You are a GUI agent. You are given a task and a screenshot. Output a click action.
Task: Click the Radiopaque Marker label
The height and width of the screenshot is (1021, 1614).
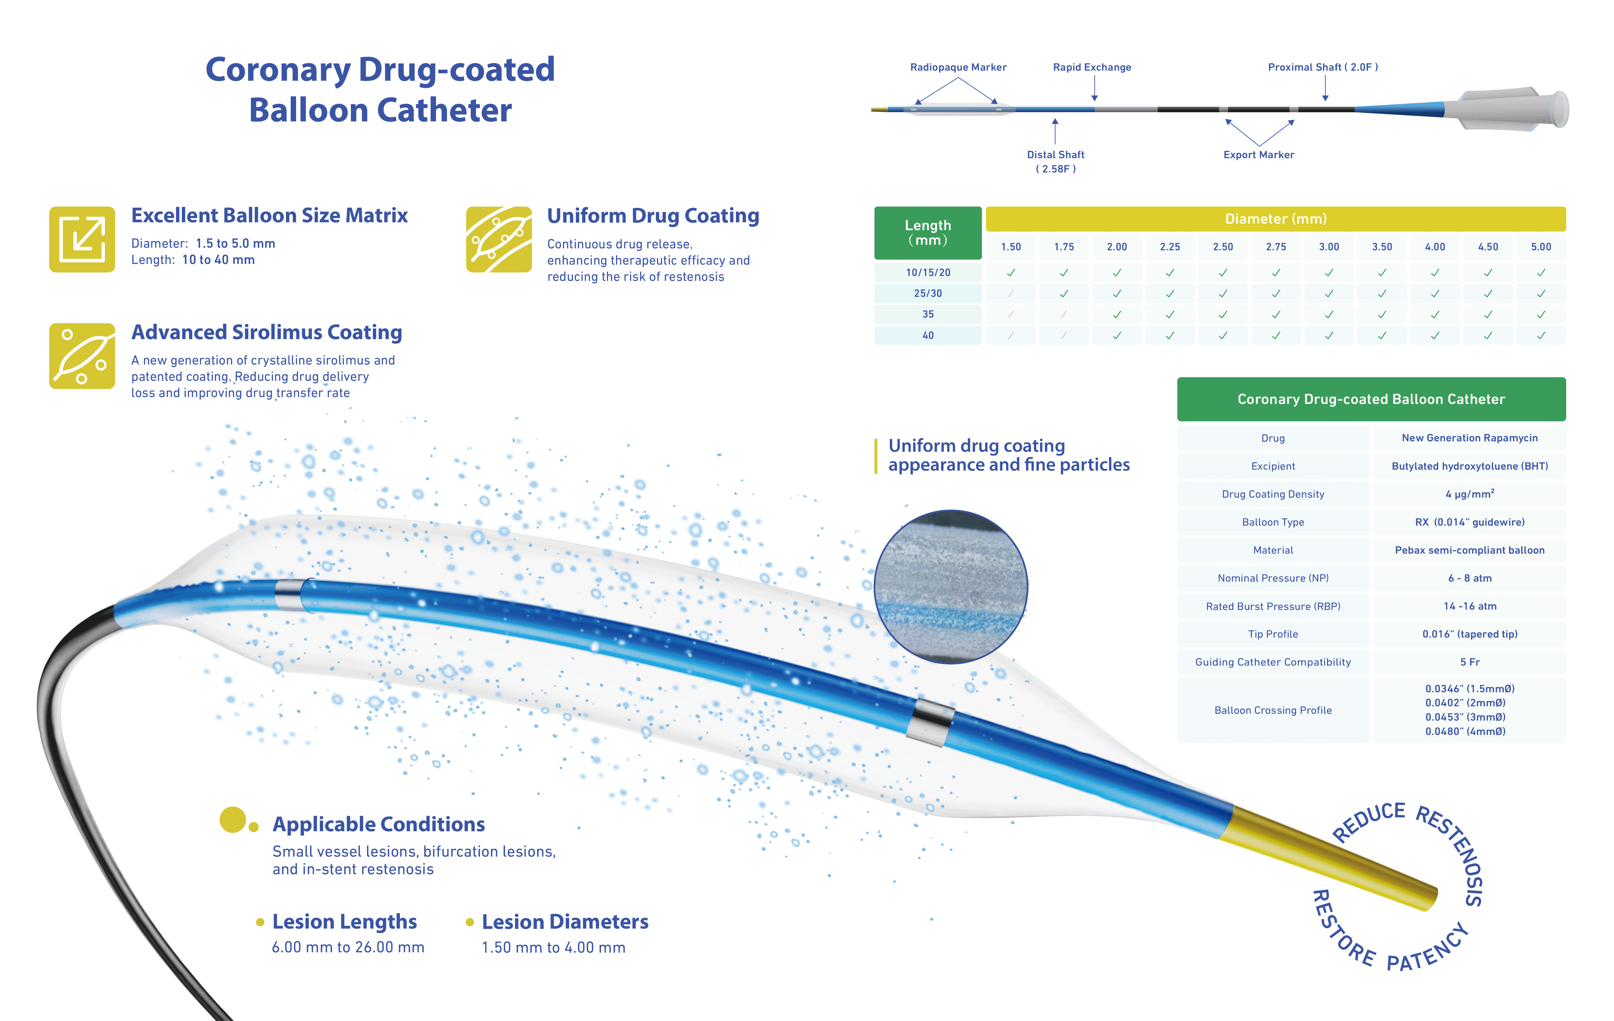tap(958, 67)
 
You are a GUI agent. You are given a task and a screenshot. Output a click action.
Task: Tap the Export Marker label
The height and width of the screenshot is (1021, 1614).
tap(1258, 155)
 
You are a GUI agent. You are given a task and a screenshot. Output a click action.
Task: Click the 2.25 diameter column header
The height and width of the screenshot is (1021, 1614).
tap(1170, 247)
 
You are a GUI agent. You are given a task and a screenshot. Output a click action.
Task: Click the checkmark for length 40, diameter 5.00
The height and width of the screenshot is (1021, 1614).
tap(1540, 335)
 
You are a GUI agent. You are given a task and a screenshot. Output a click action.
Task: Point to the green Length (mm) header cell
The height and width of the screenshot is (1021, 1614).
tap(928, 233)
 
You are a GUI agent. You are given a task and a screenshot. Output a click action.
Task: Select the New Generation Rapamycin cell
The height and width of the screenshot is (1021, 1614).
tap(1469, 438)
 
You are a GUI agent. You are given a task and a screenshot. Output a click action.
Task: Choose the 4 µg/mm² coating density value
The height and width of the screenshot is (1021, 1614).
tap(1469, 494)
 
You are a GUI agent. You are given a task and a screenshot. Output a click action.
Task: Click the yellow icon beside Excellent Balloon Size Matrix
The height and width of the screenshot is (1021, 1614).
tap(82, 239)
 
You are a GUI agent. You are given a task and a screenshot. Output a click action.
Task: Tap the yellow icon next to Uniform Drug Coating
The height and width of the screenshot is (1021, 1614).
tap(499, 239)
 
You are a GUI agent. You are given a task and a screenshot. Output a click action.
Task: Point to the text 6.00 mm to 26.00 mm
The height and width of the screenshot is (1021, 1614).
tap(348, 947)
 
